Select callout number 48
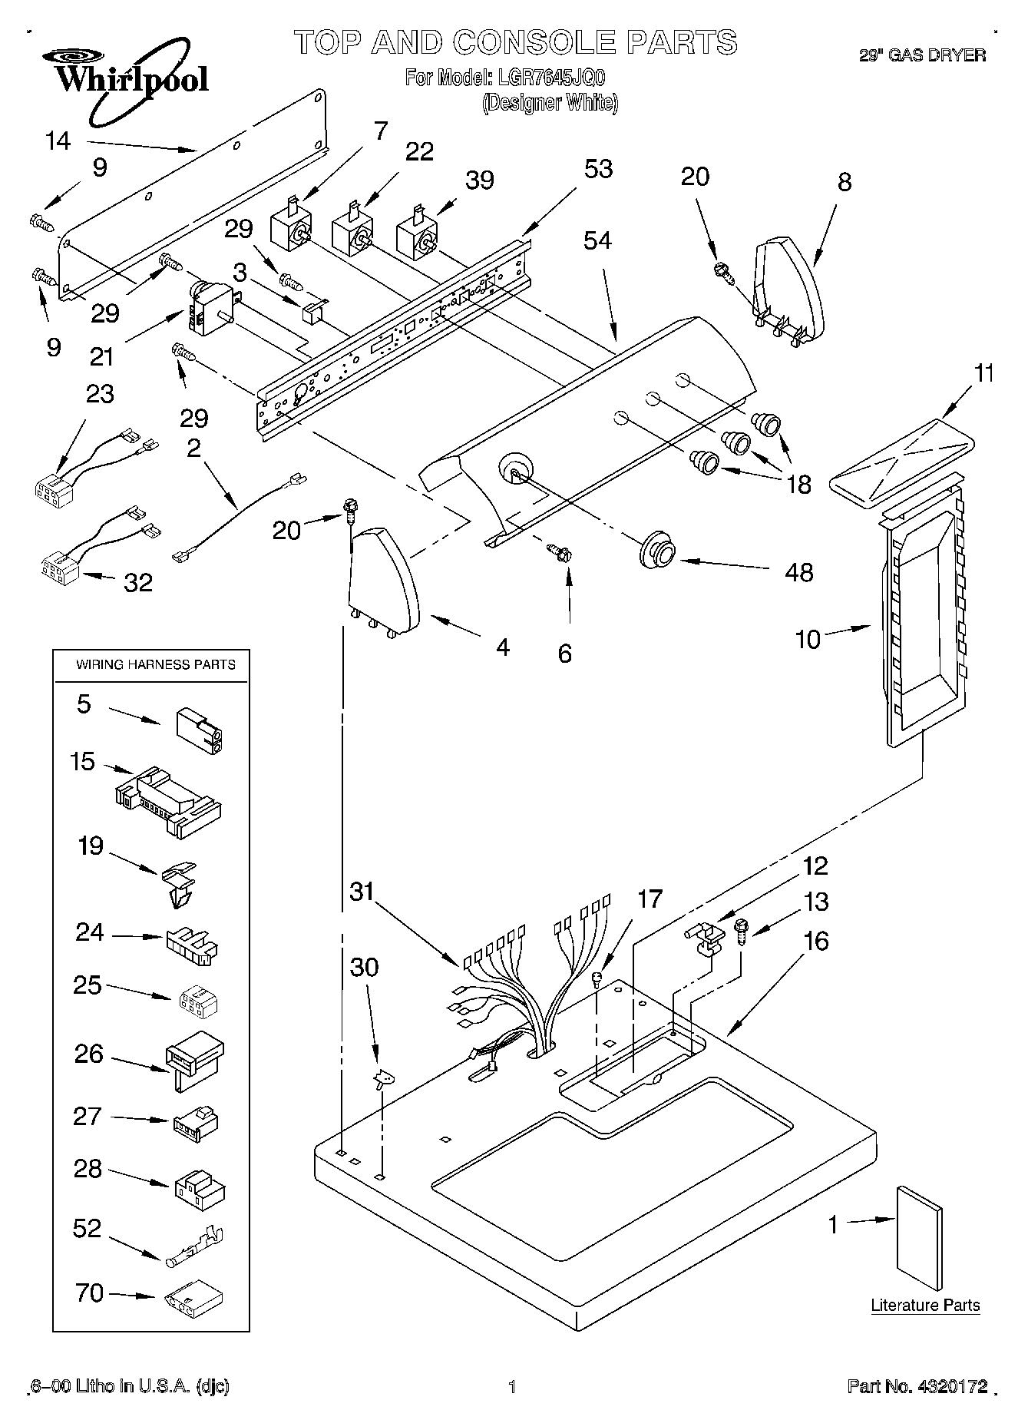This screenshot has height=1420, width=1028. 799,572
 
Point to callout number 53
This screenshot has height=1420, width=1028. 598,169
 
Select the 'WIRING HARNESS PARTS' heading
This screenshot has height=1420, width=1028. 155,664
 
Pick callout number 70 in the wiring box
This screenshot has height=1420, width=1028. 90,1293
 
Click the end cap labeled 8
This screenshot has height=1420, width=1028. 788,290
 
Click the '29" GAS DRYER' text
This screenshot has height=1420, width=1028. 921,55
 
